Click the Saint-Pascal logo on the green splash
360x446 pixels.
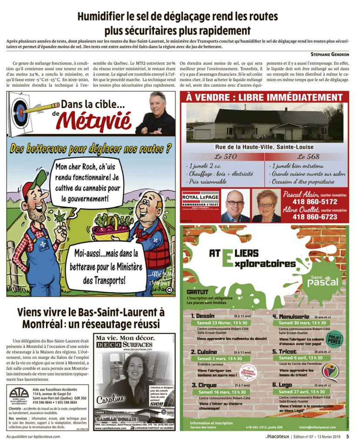pyautogui.click(x=323, y=280)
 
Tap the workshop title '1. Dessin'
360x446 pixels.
pyautogui.click(x=203, y=315)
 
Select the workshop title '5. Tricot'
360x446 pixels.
pyautogui.click(x=285, y=351)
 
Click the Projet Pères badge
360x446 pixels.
pyautogui.click(x=335, y=339)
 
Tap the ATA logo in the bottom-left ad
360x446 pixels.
pyautogui.click(x=19, y=396)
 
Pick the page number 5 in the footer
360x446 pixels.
pyautogui.click(x=347, y=436)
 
